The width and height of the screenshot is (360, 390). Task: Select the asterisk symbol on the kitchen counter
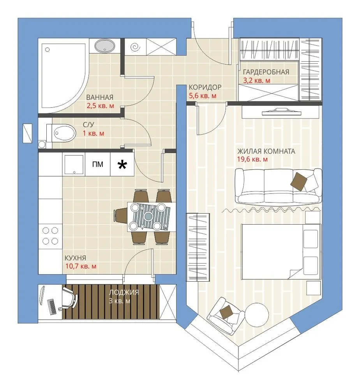[122, 165]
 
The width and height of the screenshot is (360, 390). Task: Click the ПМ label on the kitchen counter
[97, 164]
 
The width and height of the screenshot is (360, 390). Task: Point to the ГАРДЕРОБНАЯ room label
[266, 72]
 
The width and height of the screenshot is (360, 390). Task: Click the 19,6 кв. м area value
[252, 160]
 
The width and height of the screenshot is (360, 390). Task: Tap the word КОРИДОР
[205, 87]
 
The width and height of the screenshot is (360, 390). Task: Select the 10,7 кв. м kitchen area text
[81, 266]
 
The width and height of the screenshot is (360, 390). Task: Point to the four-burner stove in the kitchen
[51, 235]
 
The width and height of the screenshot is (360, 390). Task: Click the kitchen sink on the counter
[74, 165]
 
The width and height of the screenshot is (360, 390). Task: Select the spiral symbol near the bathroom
[135, 47]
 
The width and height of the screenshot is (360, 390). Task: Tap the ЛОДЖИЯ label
[124, 292]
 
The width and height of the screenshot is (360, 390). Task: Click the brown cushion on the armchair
[226, 312]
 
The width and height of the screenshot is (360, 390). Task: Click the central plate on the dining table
[148, 216]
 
